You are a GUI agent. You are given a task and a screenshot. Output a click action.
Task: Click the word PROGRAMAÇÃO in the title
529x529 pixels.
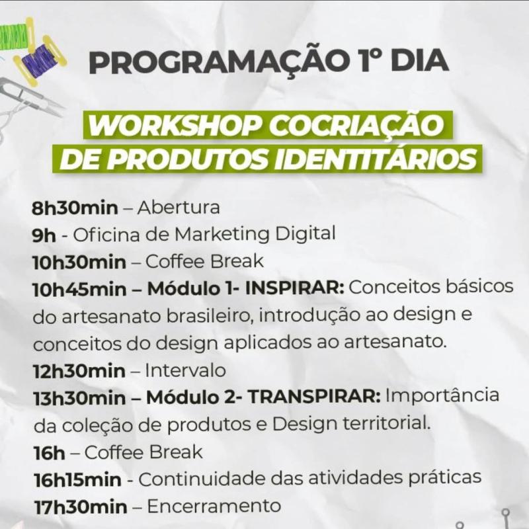[220, 61]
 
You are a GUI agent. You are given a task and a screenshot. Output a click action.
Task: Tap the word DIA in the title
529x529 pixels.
[419, 61]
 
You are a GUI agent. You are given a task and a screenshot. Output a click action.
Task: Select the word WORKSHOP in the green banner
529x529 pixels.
[175, 126]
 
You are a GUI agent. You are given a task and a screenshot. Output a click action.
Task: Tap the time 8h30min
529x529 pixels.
[75, 208]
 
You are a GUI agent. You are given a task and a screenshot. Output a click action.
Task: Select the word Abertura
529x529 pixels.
[179, 207]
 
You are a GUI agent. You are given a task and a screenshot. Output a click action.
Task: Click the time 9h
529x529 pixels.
[44, 235]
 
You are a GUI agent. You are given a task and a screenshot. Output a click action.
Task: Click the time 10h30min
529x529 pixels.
[79, 262]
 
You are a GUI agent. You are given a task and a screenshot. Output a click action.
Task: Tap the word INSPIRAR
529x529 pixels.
[294, 288]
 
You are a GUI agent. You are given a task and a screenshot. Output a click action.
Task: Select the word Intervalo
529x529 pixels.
[185, 370]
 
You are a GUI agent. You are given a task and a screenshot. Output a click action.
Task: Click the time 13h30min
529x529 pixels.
[79, 399]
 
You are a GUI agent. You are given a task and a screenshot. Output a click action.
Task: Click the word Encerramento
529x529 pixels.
[214, 506]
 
